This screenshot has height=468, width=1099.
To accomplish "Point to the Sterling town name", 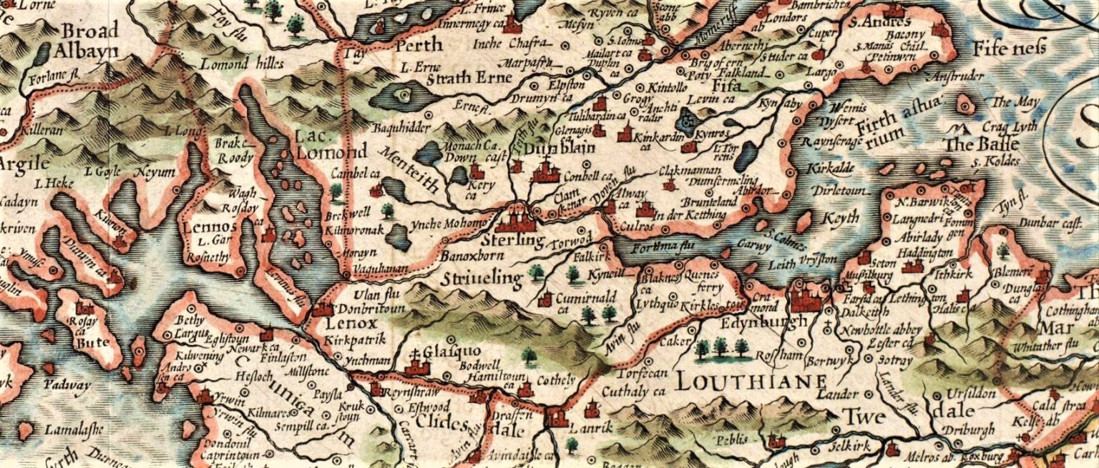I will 512,239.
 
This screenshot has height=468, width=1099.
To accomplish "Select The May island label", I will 1015,102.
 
